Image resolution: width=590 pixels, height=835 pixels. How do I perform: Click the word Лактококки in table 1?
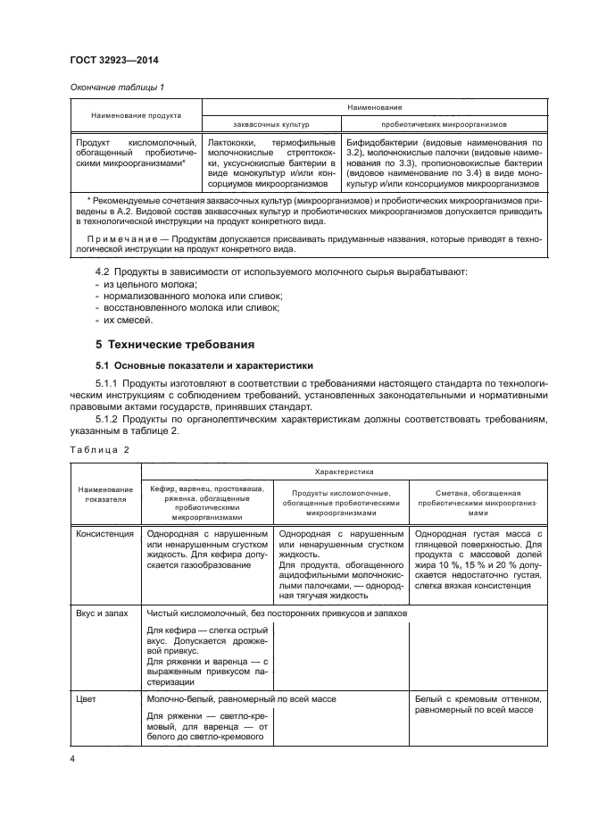tap(233, 142)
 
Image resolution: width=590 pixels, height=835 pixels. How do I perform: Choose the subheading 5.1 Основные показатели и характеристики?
tap(199, 366)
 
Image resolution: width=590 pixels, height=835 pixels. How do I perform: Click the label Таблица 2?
tap(98, 449)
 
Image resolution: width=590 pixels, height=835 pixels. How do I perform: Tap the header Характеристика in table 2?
tap(343, 470)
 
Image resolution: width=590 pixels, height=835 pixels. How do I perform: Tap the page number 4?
tap(73, 759)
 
